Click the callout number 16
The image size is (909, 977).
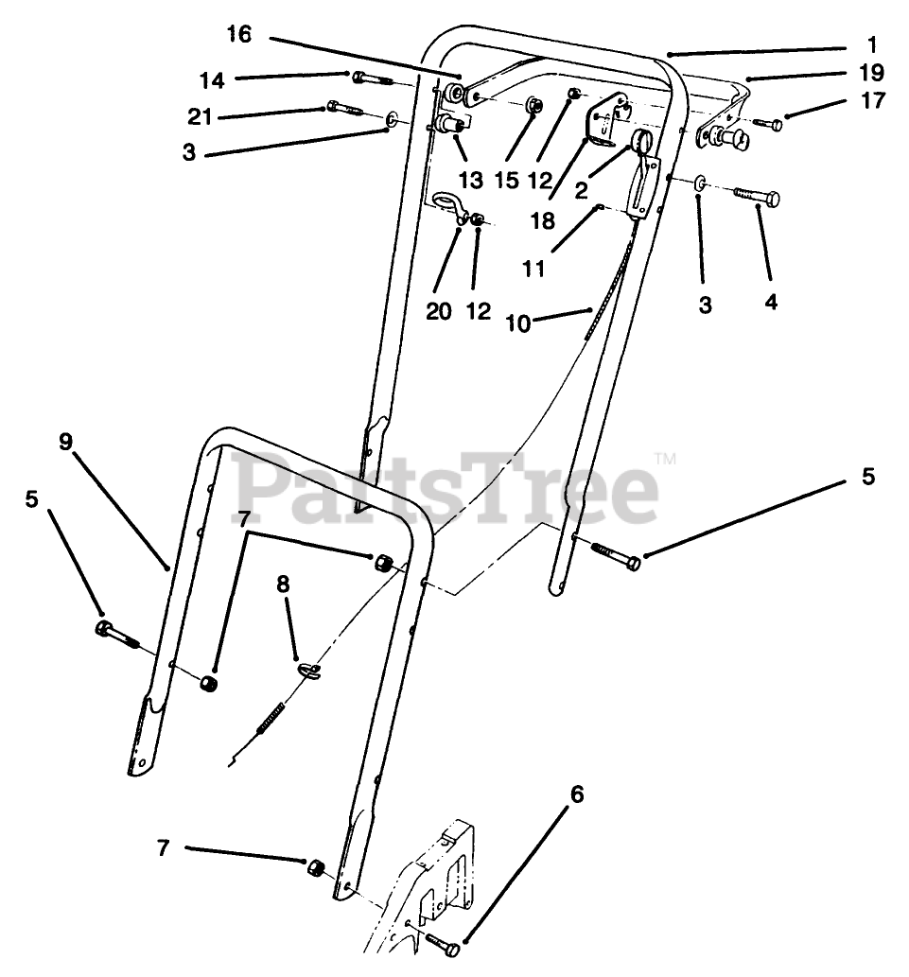[x=239, y=36]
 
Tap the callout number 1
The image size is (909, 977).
[x=871, y=44]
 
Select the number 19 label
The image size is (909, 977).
[x=871, y=73]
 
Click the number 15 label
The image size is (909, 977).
[x=507, y=181]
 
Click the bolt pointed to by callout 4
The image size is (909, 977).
[x=757, y=196]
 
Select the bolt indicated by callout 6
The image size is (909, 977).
[x=443, y=942]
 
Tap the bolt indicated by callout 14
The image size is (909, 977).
[x=373, y=79]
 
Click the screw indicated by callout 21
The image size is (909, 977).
[x=341, y=109]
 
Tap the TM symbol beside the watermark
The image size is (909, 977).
[x=666, y=461]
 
